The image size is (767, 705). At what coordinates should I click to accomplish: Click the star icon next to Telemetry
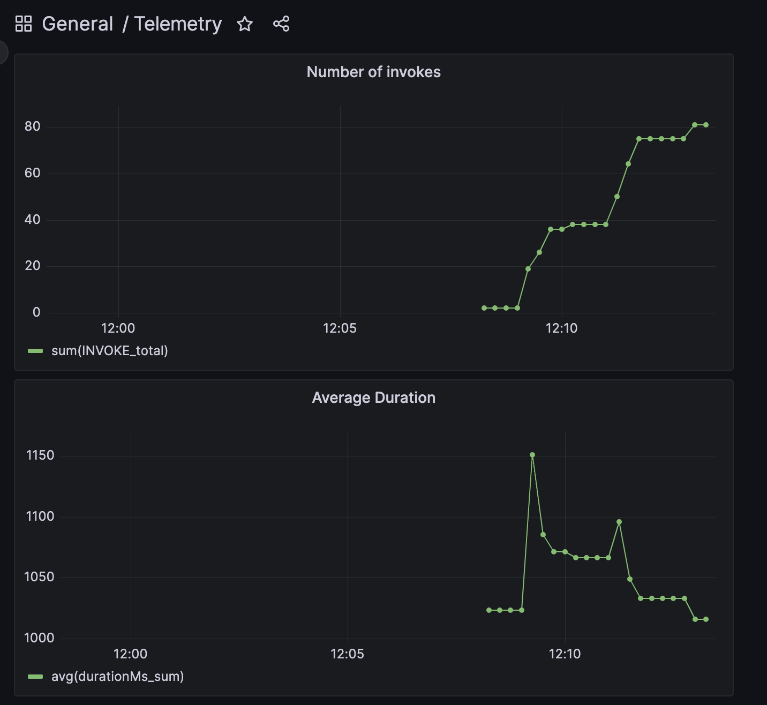(x=245, y=24)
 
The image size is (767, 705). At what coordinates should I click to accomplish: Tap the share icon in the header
(x=281, y=24)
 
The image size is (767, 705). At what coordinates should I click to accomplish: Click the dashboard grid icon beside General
(x=24, y=24)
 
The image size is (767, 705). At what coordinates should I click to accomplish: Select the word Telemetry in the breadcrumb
(x=178, y=24)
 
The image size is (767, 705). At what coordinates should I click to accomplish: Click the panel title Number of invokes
(x=373, y=72)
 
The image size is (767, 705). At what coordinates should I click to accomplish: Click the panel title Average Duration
(x=373, y=397)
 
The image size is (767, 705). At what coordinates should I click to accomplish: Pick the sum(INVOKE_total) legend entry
(x=109, y=351)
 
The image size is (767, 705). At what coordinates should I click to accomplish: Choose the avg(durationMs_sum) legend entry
(x=117, y=677)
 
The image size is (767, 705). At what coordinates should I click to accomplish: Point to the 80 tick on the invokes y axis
(x=33, y=126)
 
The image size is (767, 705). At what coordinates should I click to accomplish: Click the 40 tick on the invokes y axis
(x=33, y=220)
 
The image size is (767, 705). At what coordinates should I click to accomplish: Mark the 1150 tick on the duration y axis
(x=40, y=455)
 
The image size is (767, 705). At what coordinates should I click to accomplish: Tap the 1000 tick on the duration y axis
(x=39, y=638)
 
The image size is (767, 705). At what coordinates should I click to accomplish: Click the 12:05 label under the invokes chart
(x=340, y=328)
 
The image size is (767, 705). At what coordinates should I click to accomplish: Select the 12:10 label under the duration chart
(x=565, y=654)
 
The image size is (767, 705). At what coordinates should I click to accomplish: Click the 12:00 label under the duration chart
(x=130, y=654)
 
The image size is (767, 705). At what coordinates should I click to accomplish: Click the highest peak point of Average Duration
(x=532, y=455)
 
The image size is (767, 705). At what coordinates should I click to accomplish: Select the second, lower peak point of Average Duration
(x=619, y=522)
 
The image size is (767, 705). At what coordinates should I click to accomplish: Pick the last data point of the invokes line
(x=706, y=125)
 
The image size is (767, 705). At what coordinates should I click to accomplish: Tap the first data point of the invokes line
(x=484, y=308)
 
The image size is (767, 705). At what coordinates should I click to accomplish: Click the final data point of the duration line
(x=706, y=619)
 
